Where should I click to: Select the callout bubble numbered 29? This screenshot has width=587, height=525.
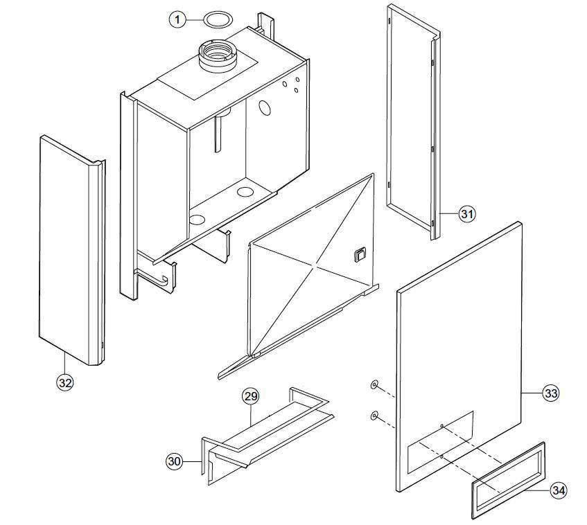coord(250,397)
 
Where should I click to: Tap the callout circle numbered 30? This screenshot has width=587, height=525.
coord(175,461)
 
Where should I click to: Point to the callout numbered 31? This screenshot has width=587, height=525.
coord(467,214)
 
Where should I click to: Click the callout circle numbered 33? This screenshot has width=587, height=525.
coord(550,393)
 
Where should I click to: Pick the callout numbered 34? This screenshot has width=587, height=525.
coord(559,490)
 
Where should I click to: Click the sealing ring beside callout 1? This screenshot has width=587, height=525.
coord(220,18)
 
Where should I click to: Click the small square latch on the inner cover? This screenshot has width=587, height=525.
coord(359,255)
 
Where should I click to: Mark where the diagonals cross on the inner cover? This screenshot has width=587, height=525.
coord(315,266)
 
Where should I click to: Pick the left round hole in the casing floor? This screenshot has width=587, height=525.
coord(198,220)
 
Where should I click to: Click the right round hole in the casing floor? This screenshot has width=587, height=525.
coord(245,190)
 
